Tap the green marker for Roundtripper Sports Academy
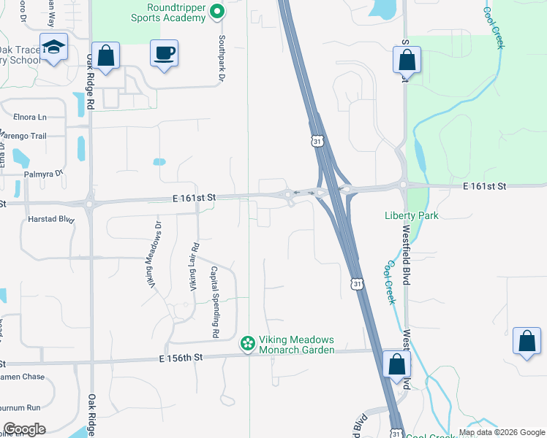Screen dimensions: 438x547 point(216,12)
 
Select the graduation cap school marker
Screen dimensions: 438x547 point(53,47)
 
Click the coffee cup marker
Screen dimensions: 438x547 point(164,53)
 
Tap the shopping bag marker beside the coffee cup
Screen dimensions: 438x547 point(105,55)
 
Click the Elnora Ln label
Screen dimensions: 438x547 point(29,117)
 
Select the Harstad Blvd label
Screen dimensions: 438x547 point(50,218)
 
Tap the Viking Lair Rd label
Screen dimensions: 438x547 point(194,266)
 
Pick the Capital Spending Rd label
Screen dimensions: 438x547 point(215,301)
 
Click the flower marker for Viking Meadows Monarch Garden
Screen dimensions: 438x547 point(248,342)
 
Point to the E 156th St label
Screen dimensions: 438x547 point(180,357)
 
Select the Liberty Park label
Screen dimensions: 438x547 point(411,215)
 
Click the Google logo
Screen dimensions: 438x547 point(24,429)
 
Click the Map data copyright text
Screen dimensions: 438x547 point(501,432)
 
